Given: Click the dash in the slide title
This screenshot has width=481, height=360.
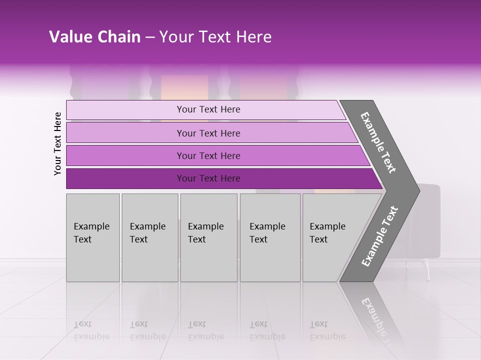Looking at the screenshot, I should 150,37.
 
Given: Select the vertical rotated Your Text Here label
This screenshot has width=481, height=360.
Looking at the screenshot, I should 58,143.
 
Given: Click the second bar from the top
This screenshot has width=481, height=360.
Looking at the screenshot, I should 208,133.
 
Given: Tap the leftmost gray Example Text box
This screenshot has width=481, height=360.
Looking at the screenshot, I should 93,237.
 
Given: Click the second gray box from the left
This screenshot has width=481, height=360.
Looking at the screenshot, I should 150,237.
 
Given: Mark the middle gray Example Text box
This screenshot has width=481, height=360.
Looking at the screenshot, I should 208,237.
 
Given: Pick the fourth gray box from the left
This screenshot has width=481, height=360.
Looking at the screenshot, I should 270,237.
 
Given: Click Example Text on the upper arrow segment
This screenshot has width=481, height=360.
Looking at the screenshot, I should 378,142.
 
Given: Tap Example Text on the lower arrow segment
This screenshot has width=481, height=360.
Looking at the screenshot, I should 379,236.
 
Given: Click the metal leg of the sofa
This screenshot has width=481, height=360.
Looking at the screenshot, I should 427,270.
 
